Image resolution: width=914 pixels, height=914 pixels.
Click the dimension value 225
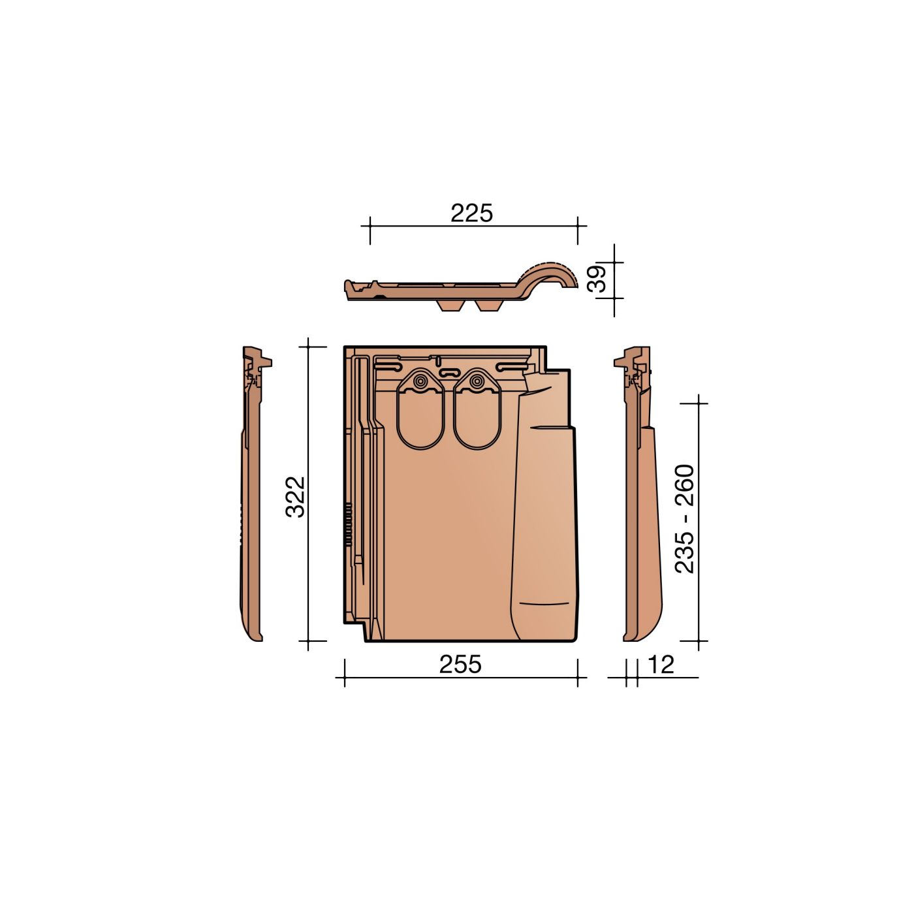pyautogui.click(x=471, y=213)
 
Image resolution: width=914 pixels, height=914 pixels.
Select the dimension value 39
pyautogui.click(x=597, y=279)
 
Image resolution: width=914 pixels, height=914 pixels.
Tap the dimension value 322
pyautogui.click(x=296, y=496)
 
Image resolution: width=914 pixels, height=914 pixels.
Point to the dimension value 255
pyautogui.click(x=460, y=664)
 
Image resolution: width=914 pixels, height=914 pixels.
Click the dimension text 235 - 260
pyautogui.click(x=684, y=519)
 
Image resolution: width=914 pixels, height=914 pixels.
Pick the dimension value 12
pyautogui.click(x=661, y=665)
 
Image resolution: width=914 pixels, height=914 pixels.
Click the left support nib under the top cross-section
pyautogui.click(x=450, y=306)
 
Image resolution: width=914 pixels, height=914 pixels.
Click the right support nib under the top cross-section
pyautogui.click(x=488, y=306)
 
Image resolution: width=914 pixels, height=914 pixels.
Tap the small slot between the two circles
pyautogui.click(x=448, y=371)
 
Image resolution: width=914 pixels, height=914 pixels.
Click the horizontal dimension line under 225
pyautogui.click(x=473, y=226)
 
